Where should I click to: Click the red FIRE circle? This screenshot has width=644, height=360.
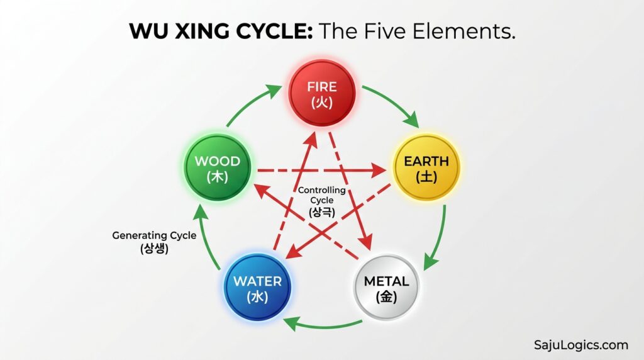tap(322, 93)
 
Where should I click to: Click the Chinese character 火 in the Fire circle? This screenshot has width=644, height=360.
tap(322, 103)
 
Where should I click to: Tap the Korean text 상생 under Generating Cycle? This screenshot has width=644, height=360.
tap(154, 248)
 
